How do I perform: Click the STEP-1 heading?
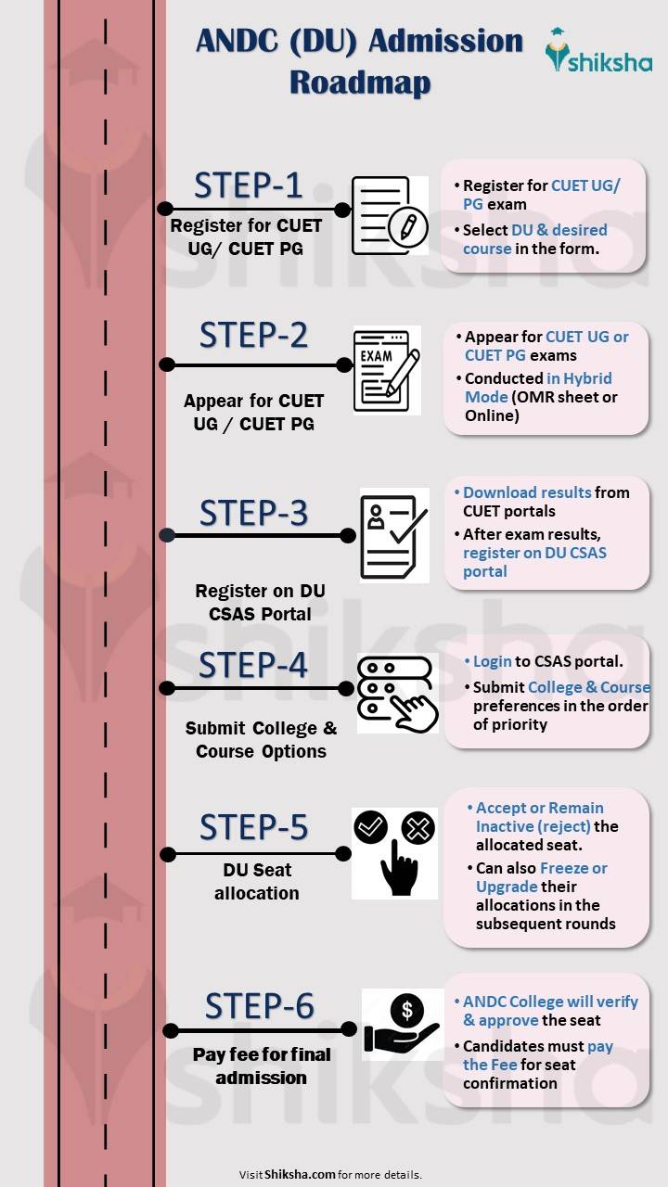click(x=248, y=186)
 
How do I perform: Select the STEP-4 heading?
click(x=252, y=666)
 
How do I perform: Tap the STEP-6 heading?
click(x=259, y=1006)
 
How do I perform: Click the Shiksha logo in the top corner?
click(x=597, y=52)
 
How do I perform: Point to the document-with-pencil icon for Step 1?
click(x=389, y=215)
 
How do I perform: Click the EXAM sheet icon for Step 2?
click(x=386, y=369)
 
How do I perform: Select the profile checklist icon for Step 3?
click(x=393, y=535)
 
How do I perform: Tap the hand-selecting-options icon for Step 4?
click(x=396, y=692)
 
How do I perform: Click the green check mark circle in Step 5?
click(x=371, y=825)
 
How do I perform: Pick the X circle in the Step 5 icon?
click(x=417, y=826)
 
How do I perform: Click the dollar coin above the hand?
click(x=407, y=1009)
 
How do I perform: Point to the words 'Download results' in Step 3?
click(x=527, y=492)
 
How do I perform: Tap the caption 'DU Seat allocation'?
click(x=256, y=882)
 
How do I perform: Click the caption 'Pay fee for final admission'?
click(x=261, y=1066)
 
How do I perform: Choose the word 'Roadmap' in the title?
click(x=359, y=83)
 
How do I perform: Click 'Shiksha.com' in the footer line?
click(x=300, y=1174)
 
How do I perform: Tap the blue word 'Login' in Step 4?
click(x=492, y=661)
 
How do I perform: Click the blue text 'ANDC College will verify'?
click(x=550, y=1002)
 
